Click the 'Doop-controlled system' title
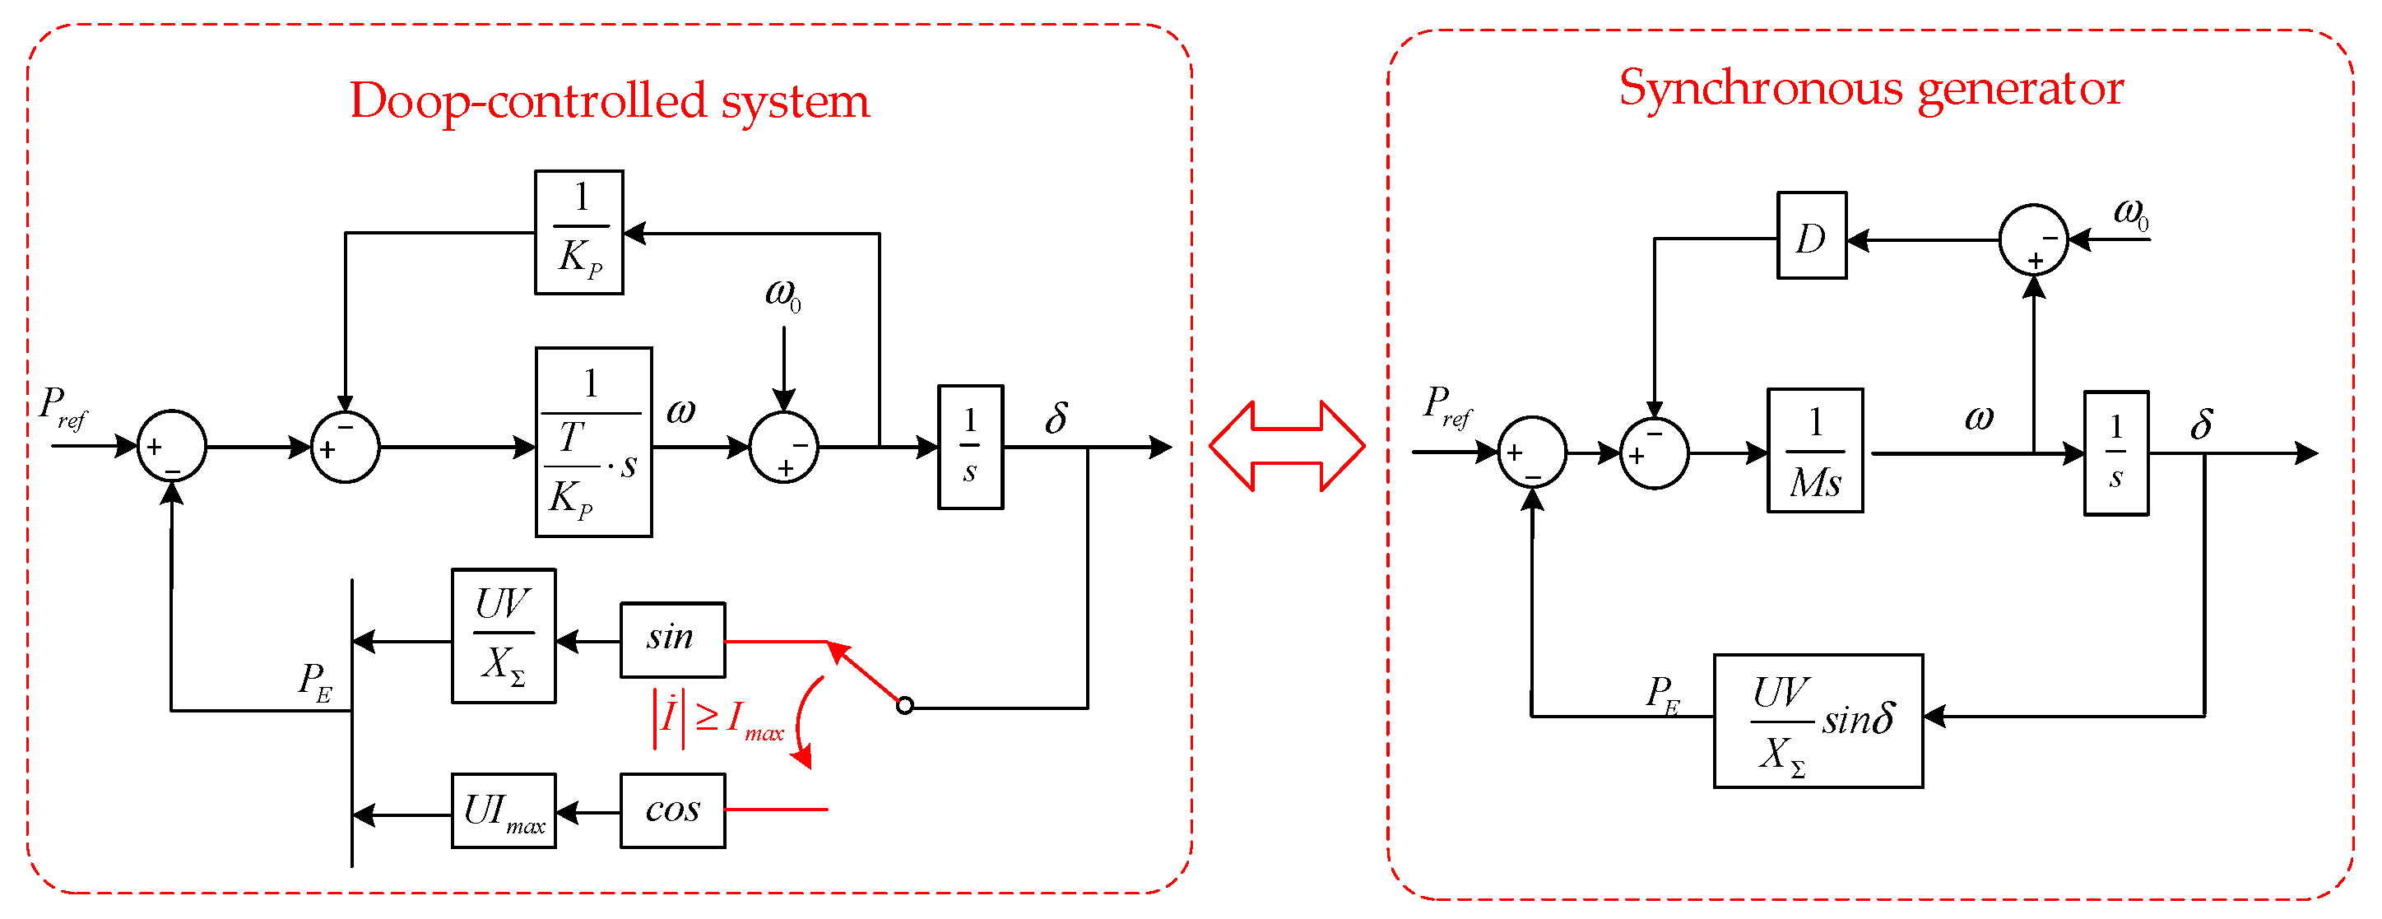[610, 100]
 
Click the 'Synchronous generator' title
[1871, 89]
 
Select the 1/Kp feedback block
[579, 232]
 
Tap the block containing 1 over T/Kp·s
[594, 442]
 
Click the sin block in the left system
[672, 640]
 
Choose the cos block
[672, 811]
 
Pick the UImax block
[504, 811]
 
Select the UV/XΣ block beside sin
[504, 636]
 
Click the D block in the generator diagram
[1812, 236]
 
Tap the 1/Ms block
[1814, 450]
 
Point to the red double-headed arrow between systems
[1286, 447]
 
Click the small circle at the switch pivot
[904, 707]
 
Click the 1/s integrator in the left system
[970, 447]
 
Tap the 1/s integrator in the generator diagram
[2115, 453]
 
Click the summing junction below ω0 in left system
[783, 447]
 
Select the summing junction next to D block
[2033, 239]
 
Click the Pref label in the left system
[63, 406]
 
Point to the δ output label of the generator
[2202, 424]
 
